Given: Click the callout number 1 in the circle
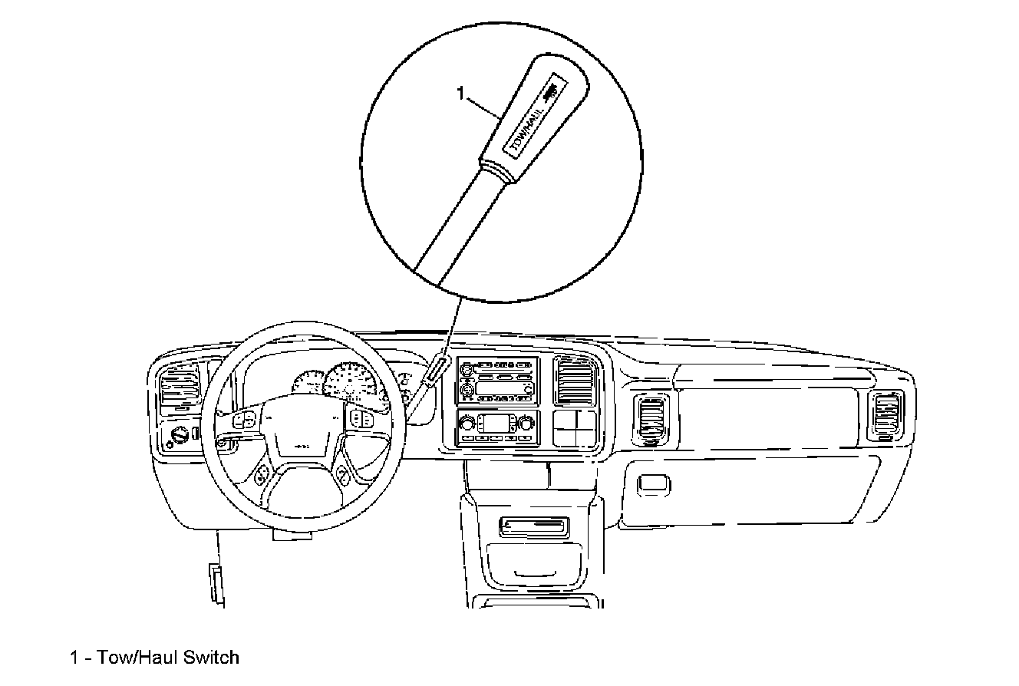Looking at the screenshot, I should pos(461,94).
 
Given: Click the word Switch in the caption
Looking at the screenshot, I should pos(211,658).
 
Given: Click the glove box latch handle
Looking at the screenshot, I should pos(652,483).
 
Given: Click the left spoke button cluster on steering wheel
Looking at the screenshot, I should pos(246,420).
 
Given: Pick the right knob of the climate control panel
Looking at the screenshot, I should pos(526,424).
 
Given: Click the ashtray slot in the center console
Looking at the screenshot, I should pos(534,526).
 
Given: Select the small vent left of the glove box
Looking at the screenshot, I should pos(651,420).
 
